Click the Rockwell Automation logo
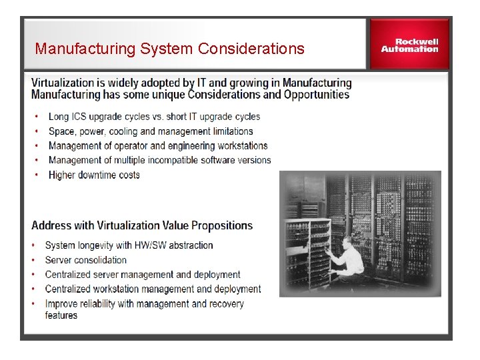tap(409, 44)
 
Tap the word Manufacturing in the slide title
tap(79, 49)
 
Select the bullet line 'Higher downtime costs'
tap(94, 175)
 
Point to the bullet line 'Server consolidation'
tap(86, 260)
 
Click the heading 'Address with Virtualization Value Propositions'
tap(142, 225)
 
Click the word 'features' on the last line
tap(61, 315)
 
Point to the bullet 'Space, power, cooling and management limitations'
tap(151, 131)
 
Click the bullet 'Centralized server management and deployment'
tap(143, 274)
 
